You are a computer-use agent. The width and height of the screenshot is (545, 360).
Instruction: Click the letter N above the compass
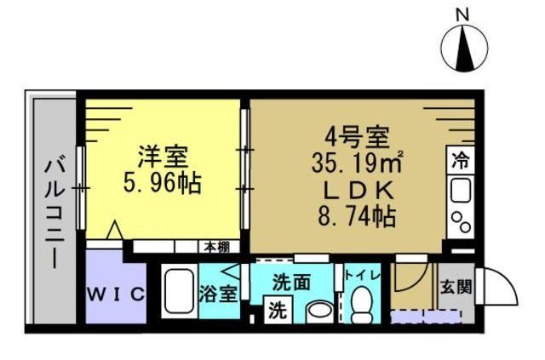pyautogui.click(x=462, y=14)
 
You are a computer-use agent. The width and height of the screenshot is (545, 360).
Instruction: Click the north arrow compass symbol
pyautogui.click(x=463, y=49)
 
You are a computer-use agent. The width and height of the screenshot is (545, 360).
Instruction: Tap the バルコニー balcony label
pyautogui.click(x=52, y=208)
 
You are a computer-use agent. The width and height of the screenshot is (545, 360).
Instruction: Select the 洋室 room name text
pyautogui.click(x=164, y=157)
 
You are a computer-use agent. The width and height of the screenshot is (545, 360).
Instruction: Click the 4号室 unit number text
pyautogui.click(x=356, y=136)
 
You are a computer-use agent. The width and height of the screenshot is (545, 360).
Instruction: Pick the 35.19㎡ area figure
pyautogui.click(x=356, y=161)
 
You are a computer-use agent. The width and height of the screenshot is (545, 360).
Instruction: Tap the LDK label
pyautogui.click(x=356, y=188)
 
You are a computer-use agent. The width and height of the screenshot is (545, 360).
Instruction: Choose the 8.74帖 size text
pyautogui.click(x=356, y=215)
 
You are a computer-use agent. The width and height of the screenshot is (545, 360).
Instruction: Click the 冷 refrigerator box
pyautogui.click(x=460, y=160)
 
